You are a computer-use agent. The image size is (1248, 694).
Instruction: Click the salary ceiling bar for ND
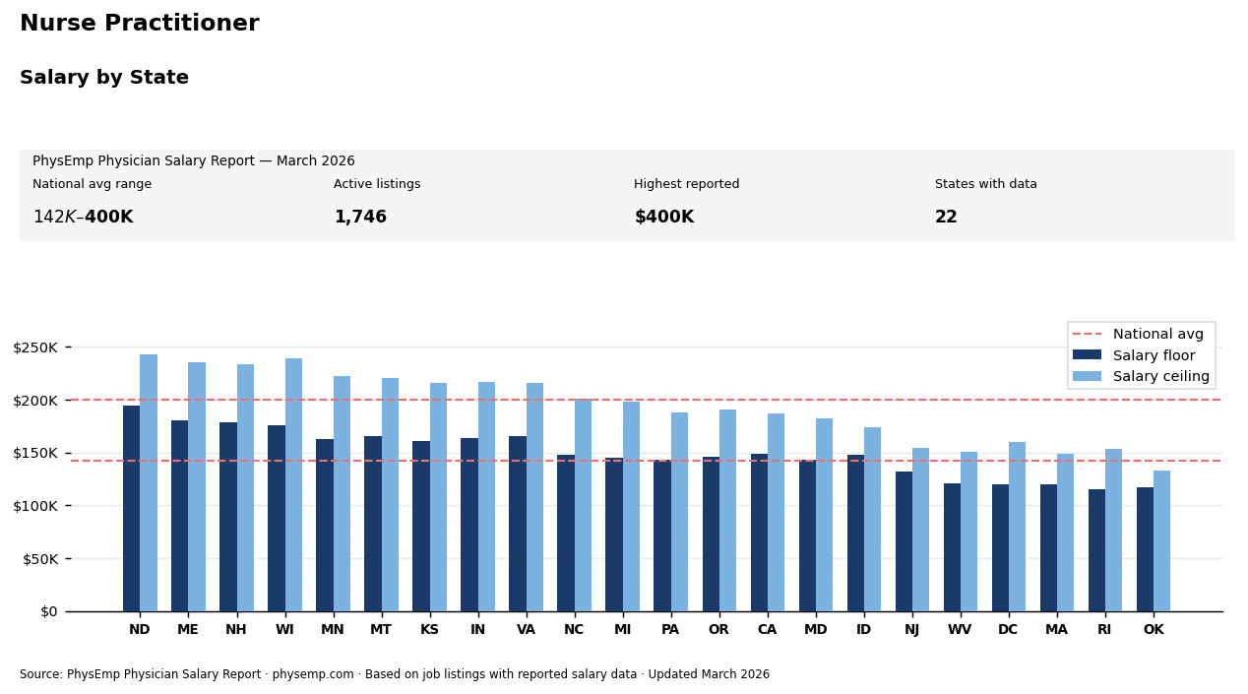(149, 482)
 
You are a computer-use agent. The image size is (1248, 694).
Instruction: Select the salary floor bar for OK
(1145, 549)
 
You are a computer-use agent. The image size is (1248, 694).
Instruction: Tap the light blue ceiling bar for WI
(293, 484)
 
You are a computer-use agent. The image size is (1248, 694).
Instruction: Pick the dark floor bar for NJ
(904, 541)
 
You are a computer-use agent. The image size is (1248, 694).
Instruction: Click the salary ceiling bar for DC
(1017, 527)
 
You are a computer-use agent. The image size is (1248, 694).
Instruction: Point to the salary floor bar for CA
(759, 533)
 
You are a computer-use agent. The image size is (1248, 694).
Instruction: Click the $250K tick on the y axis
(36, 347)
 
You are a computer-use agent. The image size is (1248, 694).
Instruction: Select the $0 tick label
(48, 611)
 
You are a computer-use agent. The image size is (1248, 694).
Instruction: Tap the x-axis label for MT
(381, 630)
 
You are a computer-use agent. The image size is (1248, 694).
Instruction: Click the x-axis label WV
(960, 630)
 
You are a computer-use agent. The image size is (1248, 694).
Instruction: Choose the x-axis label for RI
(1104, 630)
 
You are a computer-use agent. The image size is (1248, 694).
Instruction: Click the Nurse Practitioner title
(140, 24)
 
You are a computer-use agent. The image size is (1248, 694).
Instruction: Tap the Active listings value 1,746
(360, 218)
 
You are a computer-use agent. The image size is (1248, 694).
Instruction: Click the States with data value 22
(946, 218)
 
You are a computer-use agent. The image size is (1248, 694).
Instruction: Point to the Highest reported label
(686, 184)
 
